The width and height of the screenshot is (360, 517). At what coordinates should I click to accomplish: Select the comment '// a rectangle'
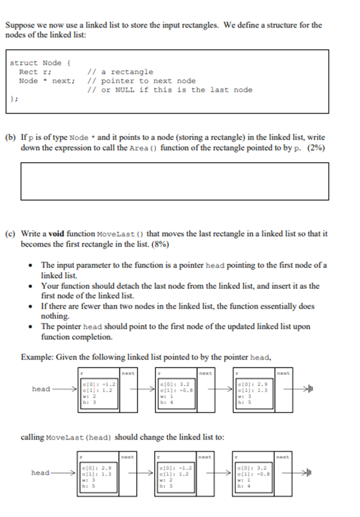120,71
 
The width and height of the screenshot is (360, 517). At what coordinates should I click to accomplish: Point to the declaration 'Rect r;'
33,71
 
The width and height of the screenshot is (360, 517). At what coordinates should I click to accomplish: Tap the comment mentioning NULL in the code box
169,89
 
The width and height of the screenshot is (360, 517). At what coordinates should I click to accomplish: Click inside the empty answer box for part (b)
175,181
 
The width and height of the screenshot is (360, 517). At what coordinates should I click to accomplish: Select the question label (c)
11,233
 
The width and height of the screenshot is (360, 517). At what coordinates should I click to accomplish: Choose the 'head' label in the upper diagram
41,389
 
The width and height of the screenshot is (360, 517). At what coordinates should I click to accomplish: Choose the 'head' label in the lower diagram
41,473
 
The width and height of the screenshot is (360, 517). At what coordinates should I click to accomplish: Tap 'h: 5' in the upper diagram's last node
244,402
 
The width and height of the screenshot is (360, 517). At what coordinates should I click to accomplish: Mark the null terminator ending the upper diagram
308,389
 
